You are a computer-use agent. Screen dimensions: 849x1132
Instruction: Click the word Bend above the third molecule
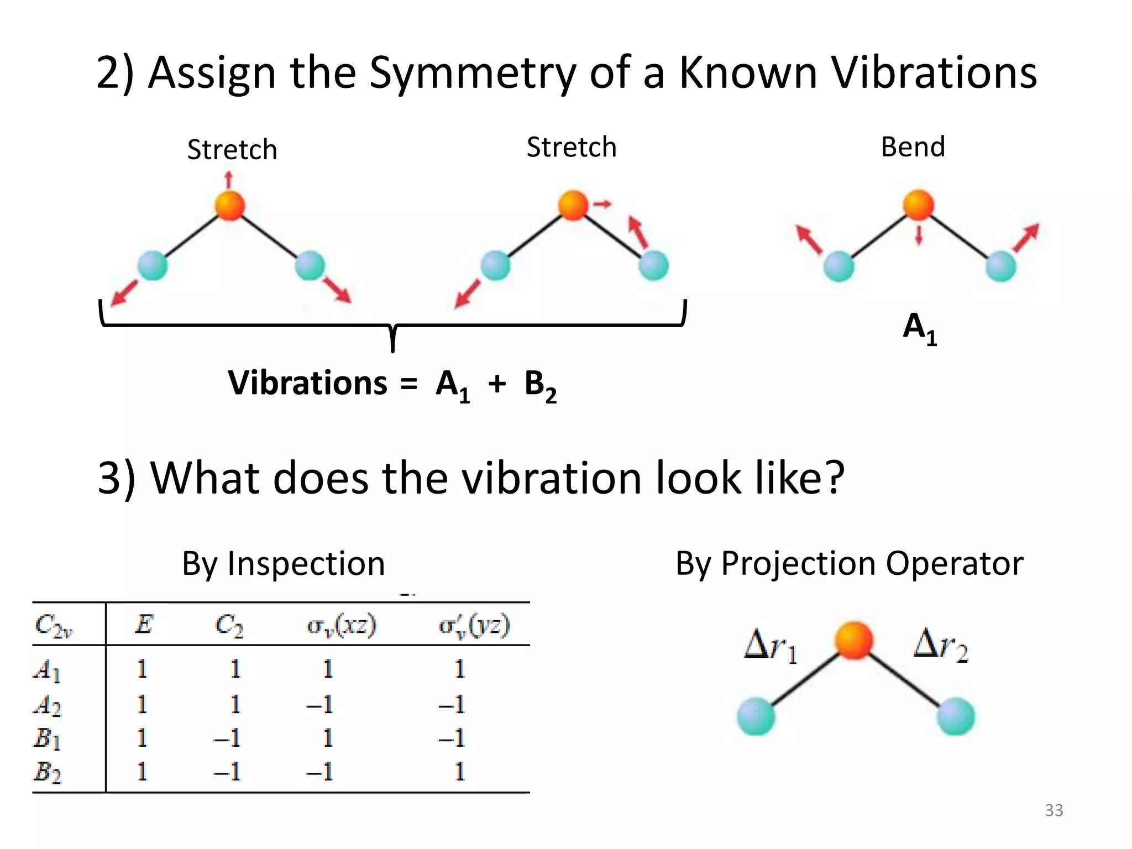913,147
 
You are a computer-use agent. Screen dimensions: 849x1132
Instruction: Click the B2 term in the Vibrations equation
540,385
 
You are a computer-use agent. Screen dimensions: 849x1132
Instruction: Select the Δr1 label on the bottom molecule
771,646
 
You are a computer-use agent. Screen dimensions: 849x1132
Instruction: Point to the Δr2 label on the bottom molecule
940,645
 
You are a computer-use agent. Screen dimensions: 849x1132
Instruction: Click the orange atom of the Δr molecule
853,641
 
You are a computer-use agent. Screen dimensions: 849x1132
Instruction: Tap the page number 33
1054,810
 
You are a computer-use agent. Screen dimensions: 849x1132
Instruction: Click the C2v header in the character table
53,626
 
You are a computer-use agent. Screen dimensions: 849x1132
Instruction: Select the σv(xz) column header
342,626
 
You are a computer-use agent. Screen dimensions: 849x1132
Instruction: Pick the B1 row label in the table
46,738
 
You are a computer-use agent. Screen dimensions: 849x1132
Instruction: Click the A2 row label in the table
47,705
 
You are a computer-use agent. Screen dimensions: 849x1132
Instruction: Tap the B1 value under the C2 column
227,738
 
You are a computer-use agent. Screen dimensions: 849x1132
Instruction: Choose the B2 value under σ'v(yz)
459,772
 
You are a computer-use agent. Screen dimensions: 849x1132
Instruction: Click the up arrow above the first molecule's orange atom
229,180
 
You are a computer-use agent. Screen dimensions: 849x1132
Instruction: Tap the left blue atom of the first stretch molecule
152,265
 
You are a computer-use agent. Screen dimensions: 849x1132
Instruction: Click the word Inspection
306,564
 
